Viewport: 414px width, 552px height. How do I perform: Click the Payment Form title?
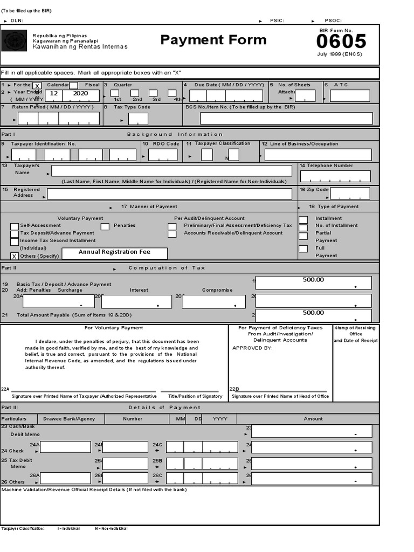point(213,40)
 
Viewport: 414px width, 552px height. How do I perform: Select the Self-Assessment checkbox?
point(15,226)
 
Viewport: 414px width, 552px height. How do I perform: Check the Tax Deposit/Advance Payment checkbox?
point(15,234)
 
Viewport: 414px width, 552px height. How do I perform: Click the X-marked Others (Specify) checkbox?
point(15,256)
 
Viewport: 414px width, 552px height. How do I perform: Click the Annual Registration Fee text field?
point(114,253)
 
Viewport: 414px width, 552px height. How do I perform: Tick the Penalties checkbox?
point(105,226)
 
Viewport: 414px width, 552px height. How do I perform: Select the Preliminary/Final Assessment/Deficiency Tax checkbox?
point(172,226)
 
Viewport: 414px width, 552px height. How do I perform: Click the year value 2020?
point(80,93)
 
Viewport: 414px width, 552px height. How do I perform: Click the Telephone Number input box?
point(335,176)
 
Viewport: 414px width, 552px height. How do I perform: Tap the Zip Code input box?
point(350,193)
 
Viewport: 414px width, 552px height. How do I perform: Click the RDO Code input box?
point(163,155)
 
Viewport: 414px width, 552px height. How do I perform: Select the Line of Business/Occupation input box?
point(318,155)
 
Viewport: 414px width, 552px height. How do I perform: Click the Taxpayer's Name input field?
point(171,171)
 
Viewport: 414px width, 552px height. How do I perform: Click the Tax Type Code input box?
point(138,119)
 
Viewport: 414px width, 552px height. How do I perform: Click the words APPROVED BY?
point(252,348)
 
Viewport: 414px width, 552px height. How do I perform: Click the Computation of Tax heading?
point(167,268)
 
